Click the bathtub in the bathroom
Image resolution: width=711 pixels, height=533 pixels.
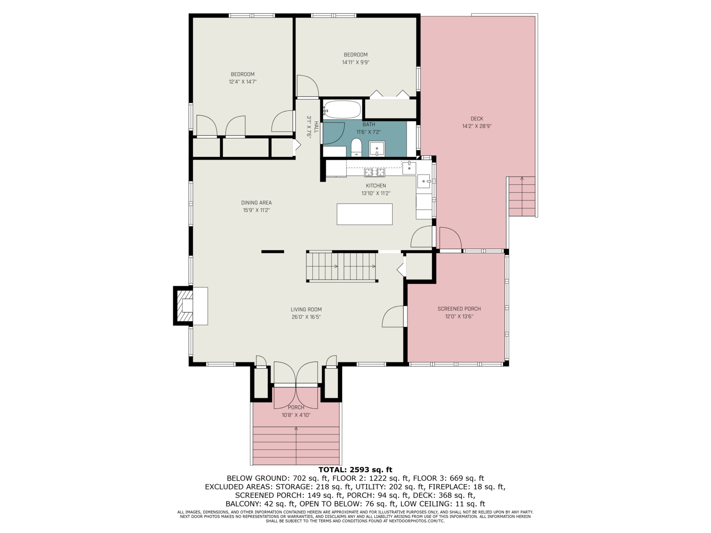pos(342,109)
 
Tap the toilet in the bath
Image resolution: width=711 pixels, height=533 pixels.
pos(356,147)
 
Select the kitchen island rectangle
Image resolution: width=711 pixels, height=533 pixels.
pos(364,214)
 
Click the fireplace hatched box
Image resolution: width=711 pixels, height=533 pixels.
pos(184,306)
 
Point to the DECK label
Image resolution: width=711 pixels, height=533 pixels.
pos(477,119)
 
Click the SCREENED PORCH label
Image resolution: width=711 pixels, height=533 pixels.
pos(459,309)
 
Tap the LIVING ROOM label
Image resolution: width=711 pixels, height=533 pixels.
pos(306,310)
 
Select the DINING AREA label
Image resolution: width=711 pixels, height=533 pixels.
pos(256,203)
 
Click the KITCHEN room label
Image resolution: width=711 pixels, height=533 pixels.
pos(376,186)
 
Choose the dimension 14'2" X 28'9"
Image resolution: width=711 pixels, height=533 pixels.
pos(477,127)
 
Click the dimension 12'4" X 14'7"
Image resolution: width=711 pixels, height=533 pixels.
pos(243,82)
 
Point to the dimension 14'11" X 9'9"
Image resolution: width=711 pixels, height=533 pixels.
pos(355,63)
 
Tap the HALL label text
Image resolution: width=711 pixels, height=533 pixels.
pos(316,127)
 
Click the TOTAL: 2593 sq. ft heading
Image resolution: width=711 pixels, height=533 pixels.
pos(355,469)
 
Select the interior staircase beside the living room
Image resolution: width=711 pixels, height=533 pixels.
pos(342,266)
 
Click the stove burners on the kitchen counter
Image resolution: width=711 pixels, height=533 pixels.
pos(375,172)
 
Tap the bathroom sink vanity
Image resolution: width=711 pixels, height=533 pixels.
pos(377,149)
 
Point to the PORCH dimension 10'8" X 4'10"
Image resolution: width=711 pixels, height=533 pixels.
pos(296,415)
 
